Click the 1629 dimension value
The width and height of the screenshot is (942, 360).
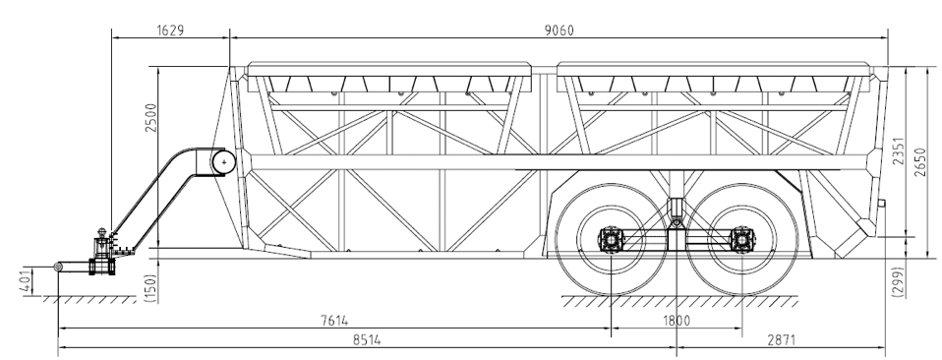(170, 30)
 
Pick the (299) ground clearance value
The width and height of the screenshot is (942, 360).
(899, 282)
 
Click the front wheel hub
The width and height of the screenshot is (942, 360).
(612, 239)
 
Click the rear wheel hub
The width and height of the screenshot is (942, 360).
(740, 239)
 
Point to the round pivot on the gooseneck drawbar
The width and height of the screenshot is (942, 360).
(225, 160)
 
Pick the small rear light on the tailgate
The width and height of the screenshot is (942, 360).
(882, 204)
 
